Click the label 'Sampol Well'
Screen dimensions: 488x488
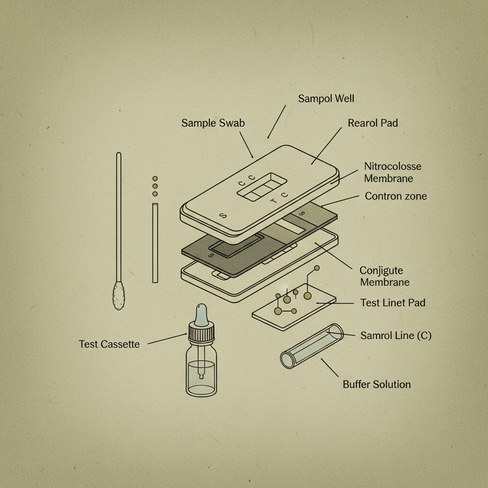coord(326,99)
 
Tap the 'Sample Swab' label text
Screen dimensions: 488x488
coord(213,123)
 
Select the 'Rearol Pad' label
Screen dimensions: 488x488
coord(373,123)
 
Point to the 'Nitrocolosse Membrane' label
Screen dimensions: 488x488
coord(393,173)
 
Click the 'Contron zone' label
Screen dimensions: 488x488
coord(396,196)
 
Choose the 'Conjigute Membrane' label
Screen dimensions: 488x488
coord(384,276)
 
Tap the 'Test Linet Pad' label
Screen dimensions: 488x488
coord(393,303)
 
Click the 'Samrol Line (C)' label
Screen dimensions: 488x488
coord(396,335)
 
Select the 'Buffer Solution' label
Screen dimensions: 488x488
coord(376,384)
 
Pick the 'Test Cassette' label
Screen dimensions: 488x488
coord(109,344)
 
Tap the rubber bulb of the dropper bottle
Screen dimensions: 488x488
coord(201,314)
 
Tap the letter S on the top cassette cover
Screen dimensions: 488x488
coord(221,215)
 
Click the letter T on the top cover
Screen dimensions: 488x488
coord(273,201)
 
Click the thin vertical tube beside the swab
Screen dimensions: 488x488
coord(155,243)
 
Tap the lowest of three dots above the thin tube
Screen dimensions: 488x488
coord(155,194)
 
